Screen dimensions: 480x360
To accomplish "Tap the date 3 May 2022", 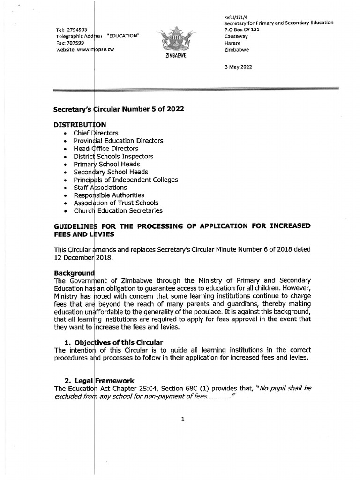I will pyautogui.click(x=239, y=67).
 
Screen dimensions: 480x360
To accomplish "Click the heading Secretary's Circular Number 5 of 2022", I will pyautogui.click(x=119, y=109).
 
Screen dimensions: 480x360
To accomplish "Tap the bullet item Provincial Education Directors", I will pyautogui.click(x=118, y=141).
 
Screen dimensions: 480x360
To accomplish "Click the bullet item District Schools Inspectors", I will pyautogui.click(x=113, y=156).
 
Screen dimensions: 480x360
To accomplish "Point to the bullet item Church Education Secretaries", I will pyautogui.click(x=118, y=211).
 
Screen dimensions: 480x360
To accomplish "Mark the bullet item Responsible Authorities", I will pyautogui.click(x=109, y=195).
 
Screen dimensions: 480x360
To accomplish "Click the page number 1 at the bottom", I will pyautogui.click(x=182, y=420).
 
